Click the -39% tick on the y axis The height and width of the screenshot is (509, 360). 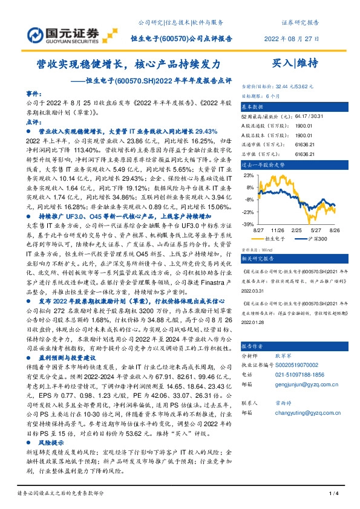click(x=248, y=224)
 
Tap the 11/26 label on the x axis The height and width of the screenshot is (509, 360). click(x=278, y=230)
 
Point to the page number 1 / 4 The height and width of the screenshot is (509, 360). click(x=332, y=494)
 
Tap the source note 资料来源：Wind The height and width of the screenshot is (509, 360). click(x=256, y=249)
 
